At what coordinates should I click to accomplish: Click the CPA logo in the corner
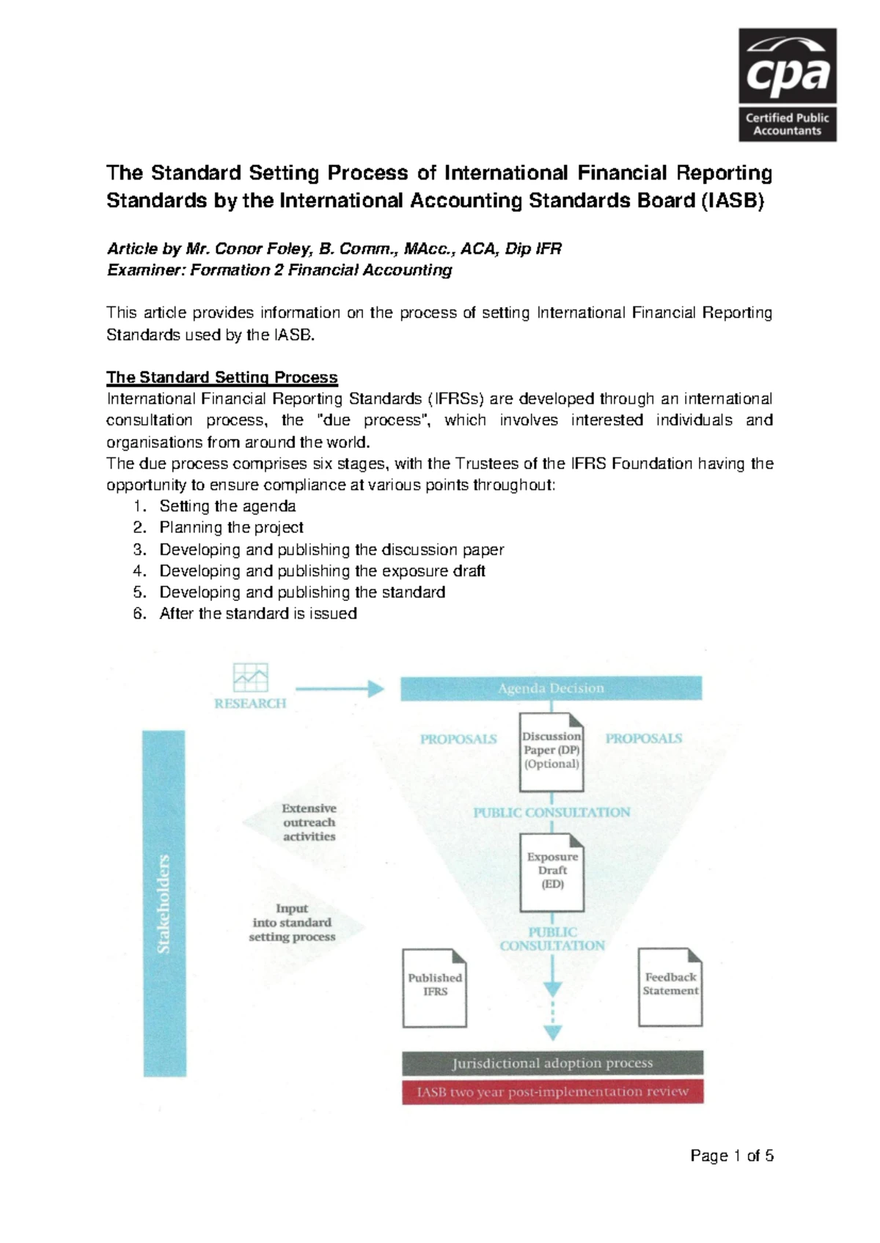787,84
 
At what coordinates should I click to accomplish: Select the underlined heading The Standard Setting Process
221,377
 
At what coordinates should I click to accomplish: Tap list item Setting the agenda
227,506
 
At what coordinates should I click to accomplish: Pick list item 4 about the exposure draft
322,571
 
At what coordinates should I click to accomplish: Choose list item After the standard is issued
258,613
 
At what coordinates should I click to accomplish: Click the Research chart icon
250,678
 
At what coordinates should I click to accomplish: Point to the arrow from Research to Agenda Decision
340,688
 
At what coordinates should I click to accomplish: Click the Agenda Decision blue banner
551,688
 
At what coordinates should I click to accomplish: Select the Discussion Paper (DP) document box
551,752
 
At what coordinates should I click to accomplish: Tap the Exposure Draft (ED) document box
552,872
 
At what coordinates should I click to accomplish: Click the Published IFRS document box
435,987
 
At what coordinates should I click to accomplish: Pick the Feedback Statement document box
670,986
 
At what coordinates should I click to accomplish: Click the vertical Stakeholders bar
164,903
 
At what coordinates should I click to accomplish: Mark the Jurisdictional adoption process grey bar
552,1063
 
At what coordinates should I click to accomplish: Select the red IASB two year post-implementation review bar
552,1091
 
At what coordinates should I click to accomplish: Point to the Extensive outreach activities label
309,822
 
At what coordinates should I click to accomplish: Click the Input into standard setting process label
292,923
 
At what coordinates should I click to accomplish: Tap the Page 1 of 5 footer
731,1156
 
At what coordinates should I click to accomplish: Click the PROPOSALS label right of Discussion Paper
643,739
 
